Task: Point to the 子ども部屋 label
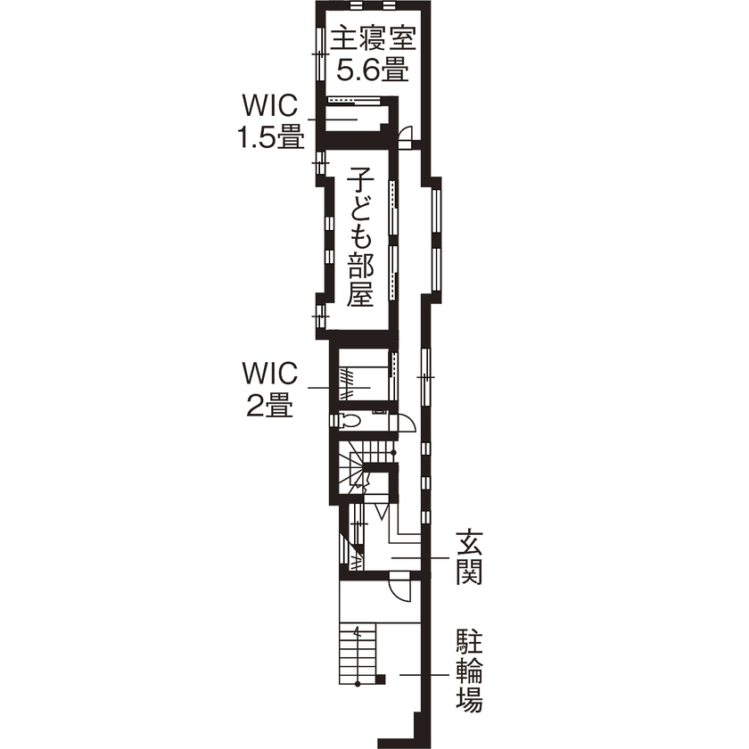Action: coord(359,234)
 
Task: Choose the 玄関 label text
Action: coord(469,556)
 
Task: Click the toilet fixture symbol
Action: coord(350,419)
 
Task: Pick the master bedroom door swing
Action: coord(404,136)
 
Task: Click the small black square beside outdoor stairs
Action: coord(382,680)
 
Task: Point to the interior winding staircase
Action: coord(361,468)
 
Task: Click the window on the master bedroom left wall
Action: coord(317,53)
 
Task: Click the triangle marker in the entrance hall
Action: coord(381,512)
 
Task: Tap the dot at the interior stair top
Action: coord(393,453)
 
